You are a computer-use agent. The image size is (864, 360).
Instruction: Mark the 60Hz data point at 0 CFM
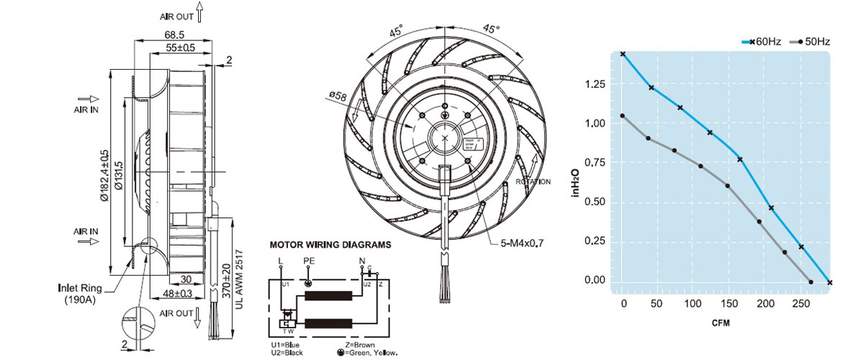[623, 54]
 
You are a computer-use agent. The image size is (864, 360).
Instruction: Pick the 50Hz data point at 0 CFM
[623, 116]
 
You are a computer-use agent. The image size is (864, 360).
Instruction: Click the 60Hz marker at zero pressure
[829, 282]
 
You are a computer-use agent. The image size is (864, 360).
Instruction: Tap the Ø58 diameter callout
[338, 95]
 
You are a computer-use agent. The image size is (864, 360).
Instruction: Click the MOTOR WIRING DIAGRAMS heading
[330, 245]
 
